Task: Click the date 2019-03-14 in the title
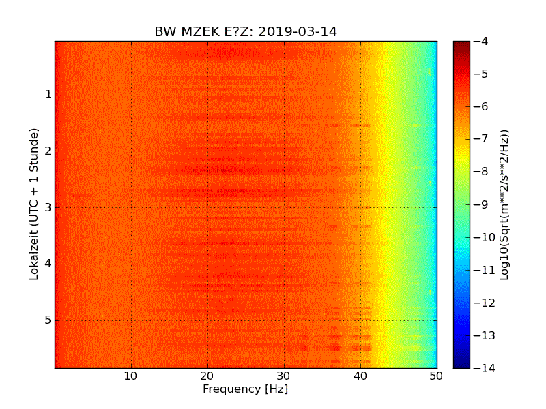pyautogui.click(x=298, y=32)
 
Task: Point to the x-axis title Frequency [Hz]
pyautogui.click(x=245, y=389)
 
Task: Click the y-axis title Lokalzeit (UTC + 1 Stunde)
pyautogui.click(x=34, y=204)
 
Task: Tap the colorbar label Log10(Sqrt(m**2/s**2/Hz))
pyautogui.click(x=504, y=204)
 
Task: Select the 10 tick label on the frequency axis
pyautogui.click(x=131, y=376)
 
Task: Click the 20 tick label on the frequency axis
pyautogui.click(x=207, y=376)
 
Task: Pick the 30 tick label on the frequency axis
pyautogui.click(x=284, y=376)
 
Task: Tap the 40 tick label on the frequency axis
pyautogui.click(x=360, y=376)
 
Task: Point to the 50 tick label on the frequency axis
pyautogui.click(x=436, y=376)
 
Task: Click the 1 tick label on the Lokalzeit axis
pyautogui.click(x=48, y=95)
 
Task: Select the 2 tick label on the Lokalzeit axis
pyautogui.click(x=48, y=151)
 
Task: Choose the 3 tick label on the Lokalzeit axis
pyautogui.click(x=48, y=207)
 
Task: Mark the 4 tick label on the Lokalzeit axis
pyautogui.click(x=48, y=264)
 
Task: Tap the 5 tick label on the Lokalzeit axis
pyautogui.click(x=48, y=320)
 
